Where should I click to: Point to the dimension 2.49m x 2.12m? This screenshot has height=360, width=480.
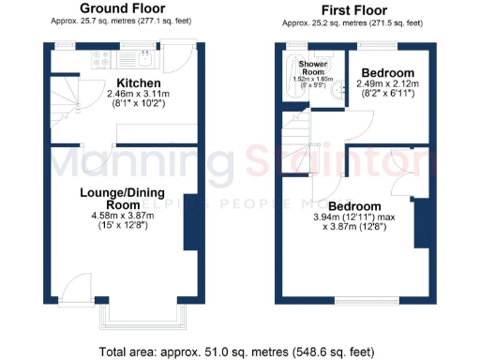click(x=388, y=84)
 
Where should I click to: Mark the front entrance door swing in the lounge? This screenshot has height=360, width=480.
click(x=72, y=292)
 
